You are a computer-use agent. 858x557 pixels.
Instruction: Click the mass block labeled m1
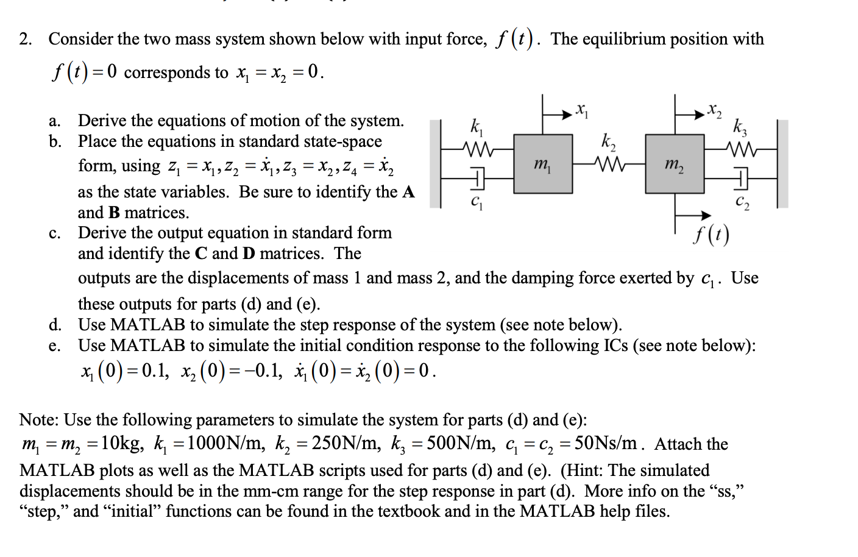(543, 164)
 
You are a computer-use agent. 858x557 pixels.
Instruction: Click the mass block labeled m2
(675, 164)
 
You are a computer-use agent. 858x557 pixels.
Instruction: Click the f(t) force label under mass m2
(711, 234)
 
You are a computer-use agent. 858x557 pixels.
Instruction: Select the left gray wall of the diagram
(435, 164)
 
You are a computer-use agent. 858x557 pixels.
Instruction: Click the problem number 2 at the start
(25, 40)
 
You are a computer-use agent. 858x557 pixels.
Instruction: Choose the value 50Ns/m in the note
(606, 443)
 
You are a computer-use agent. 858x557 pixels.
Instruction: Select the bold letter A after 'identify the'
(408, 192)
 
